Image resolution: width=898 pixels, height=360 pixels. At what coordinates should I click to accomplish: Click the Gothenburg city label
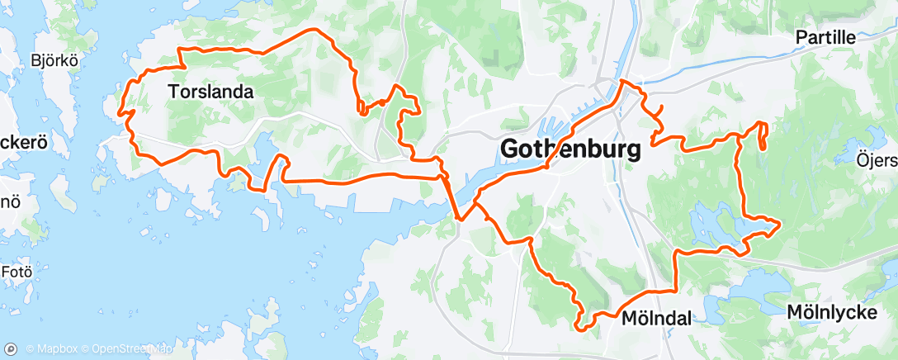pyautogui.click(x=570, y=149)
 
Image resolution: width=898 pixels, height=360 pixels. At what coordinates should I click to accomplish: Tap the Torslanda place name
pyautogui.click(x=210, y=92)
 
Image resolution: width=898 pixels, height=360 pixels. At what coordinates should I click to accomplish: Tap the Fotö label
pyautogui.click(x=18, y=270)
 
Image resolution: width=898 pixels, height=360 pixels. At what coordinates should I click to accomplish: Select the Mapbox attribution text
pyautogui.click(x=53, y=348)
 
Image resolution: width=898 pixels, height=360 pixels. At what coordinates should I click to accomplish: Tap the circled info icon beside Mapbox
pyautogui.click(x=17, y=348)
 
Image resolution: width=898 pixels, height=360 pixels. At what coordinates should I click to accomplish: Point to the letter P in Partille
pyautogui.click(x=800, y=38)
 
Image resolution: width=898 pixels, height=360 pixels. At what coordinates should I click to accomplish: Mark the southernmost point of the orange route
pyautogui.click(x=583, y=329)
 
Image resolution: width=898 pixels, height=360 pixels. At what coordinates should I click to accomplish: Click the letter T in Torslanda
pyautogui.click(x=173, y=92)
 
